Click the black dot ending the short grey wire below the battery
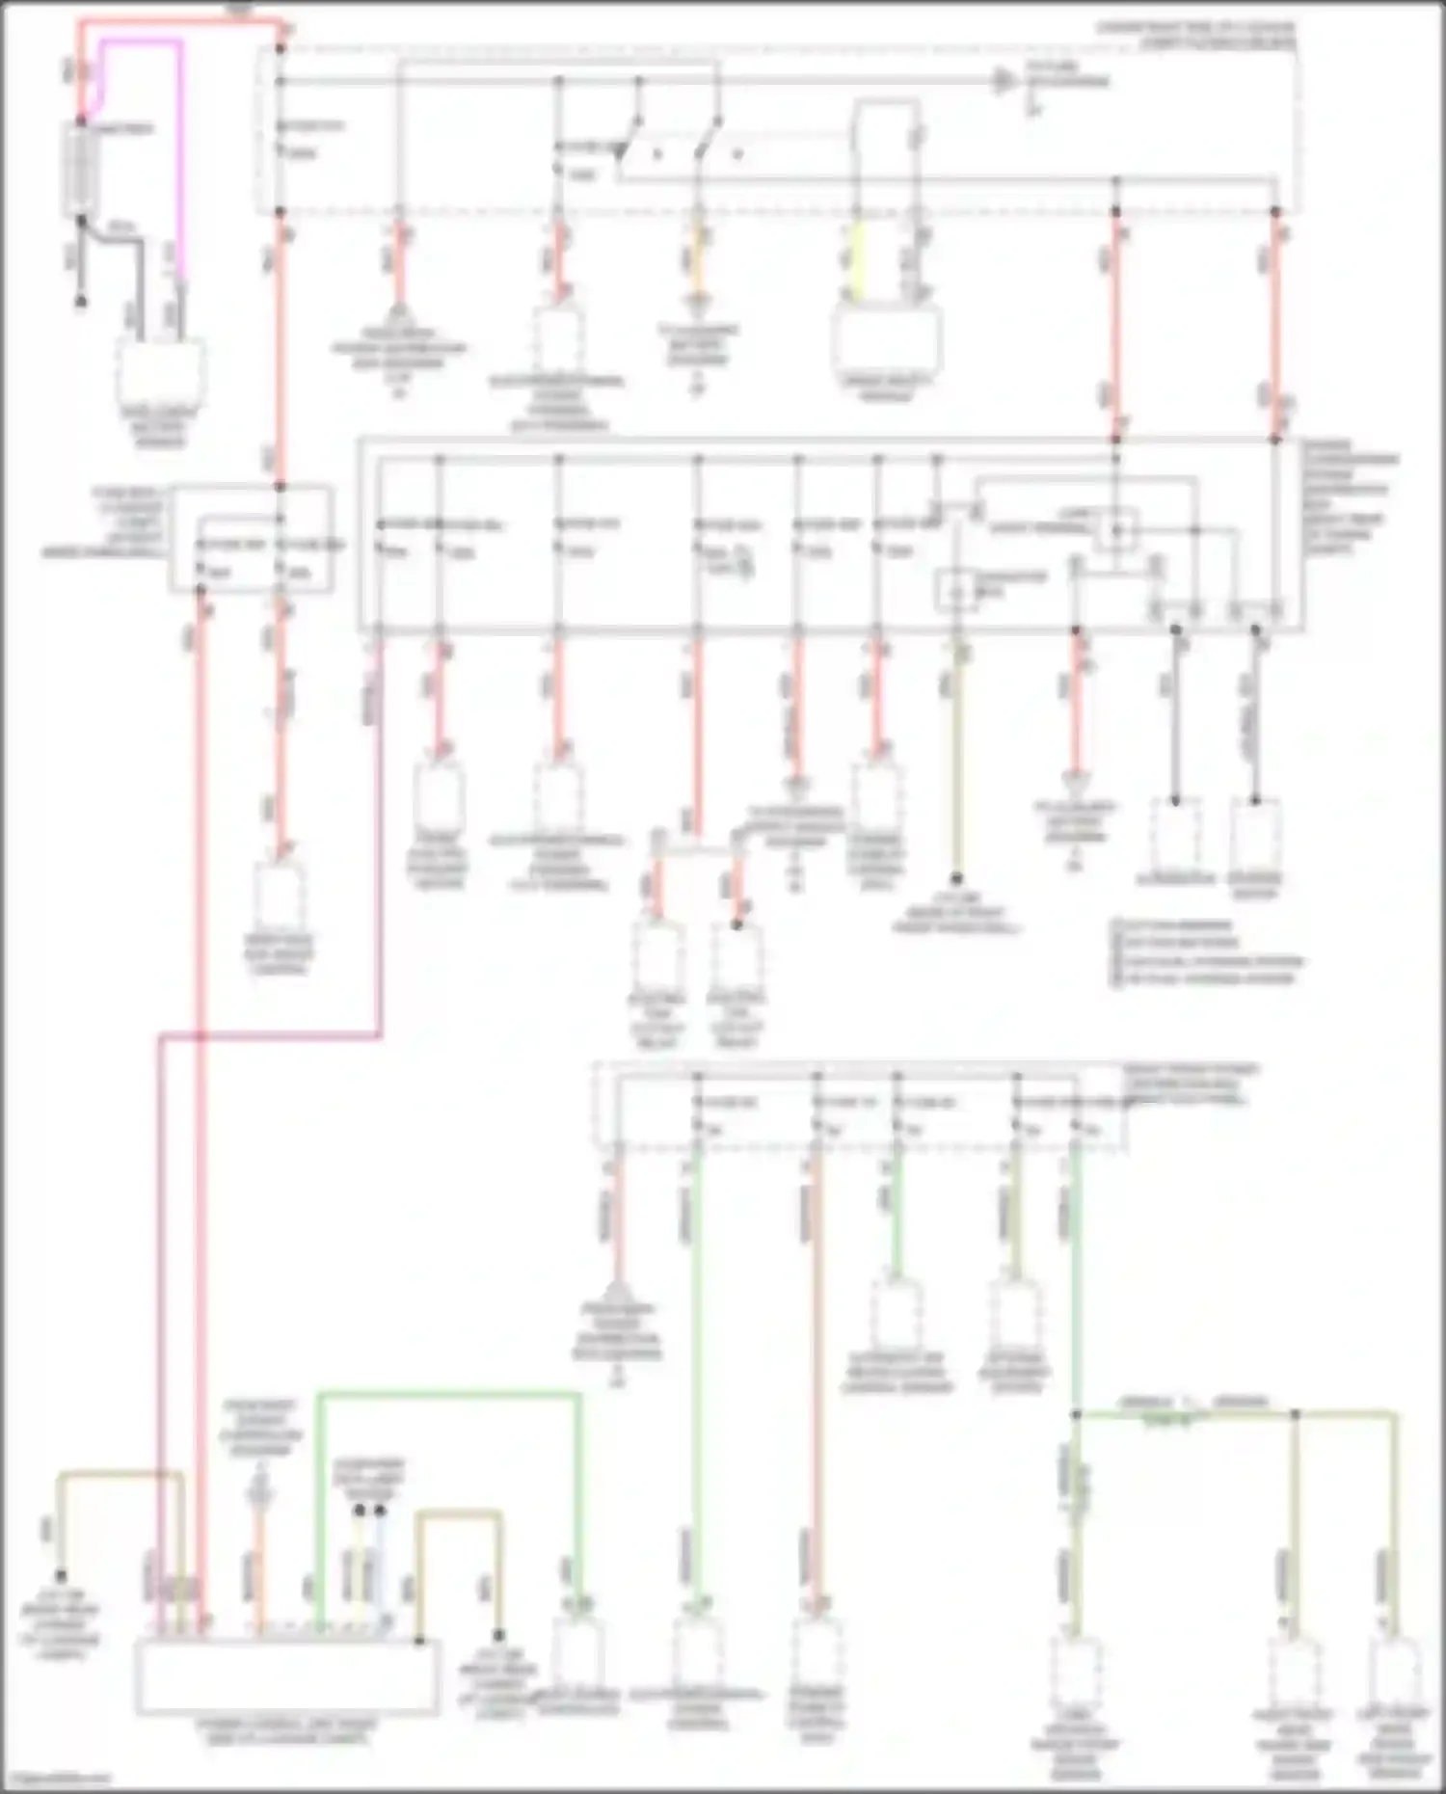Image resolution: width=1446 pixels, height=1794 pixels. click(81, 302)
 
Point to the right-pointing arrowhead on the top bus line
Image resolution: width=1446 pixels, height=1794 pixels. click(1005, 81)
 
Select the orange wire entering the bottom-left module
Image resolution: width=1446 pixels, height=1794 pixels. click(258, 1562)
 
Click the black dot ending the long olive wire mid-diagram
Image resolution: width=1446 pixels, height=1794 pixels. click(956, 878)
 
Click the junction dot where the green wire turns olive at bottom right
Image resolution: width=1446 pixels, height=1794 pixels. click(1075, 1415)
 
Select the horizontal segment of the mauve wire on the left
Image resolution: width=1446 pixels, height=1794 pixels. click(270, 1036)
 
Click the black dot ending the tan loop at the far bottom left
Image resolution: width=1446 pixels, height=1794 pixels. click(60, 1577)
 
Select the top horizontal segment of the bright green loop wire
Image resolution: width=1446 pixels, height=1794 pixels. click(448, 1394)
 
